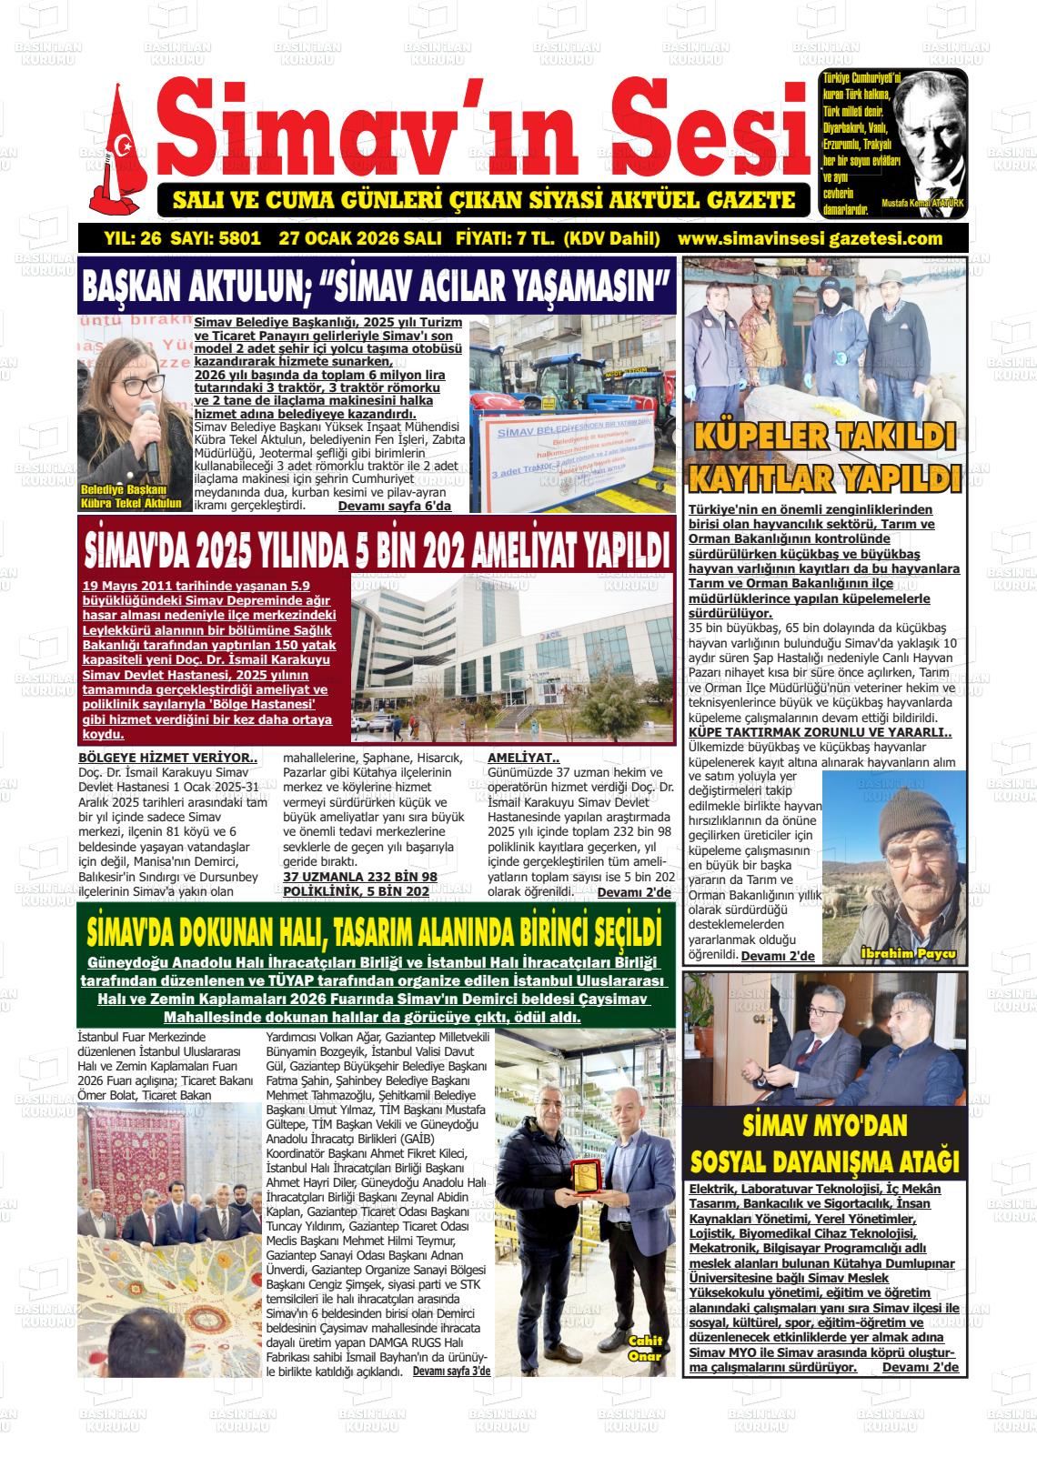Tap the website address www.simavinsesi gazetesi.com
(x=810, y=239)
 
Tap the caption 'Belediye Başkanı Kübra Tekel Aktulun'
(x=131, y=496)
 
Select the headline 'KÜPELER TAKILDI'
(x=824, y=435)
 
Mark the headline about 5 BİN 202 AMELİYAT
(x=377, y=548)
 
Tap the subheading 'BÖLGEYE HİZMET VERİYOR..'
(x=168, y=757)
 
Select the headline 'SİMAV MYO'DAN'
(x=825, y=1126)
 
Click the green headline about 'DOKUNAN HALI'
(x=373, y=932)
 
